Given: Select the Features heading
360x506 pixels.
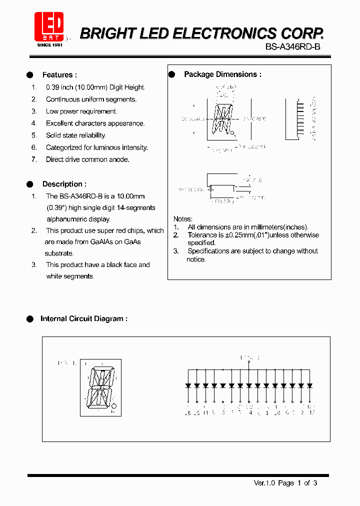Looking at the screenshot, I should (59, 75).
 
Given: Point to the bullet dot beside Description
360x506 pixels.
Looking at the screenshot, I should (29, 184).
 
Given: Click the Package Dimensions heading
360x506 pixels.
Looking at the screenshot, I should (222, 74).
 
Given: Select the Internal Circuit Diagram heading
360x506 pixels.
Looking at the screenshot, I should (83, 318).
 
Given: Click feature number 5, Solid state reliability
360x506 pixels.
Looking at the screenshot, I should (75, 135).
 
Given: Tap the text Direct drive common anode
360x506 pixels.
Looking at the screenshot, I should (87, 159).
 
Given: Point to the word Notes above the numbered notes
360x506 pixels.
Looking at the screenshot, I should (182, 219).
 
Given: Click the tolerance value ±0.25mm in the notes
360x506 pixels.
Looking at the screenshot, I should (235, 235).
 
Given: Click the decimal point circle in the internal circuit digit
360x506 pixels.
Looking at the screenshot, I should (114, 405).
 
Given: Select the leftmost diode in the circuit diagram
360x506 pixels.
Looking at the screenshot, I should (188, 385).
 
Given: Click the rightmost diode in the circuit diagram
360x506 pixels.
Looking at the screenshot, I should (309, 385).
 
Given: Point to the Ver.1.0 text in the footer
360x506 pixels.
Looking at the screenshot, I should (264, 483).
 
